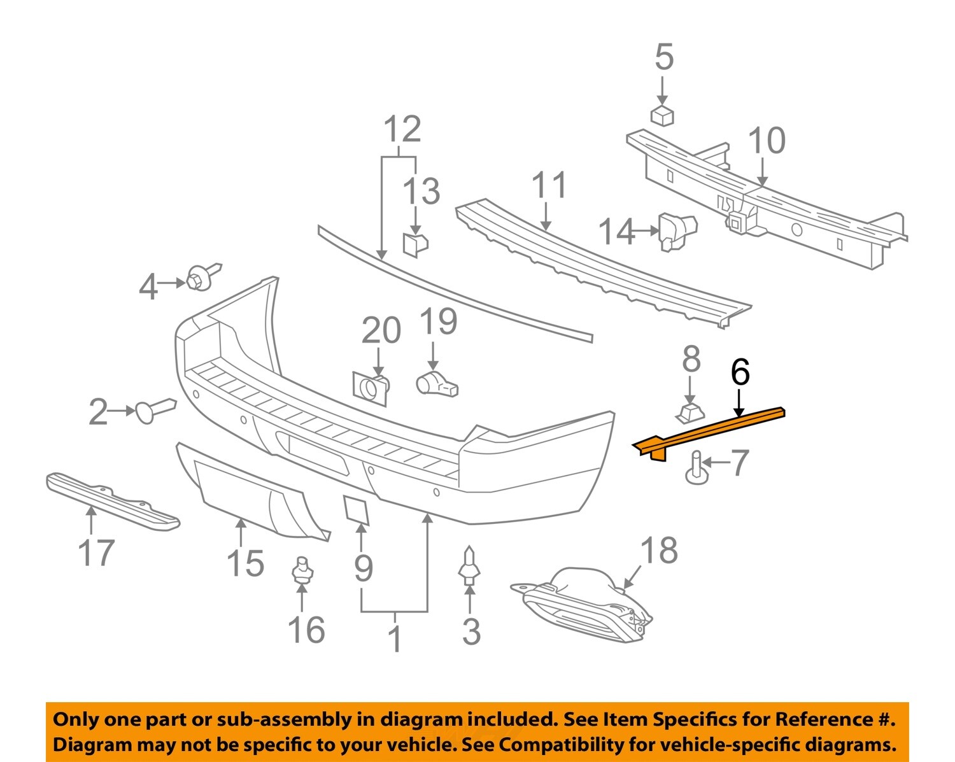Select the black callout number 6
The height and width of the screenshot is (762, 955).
(x=740, y=372)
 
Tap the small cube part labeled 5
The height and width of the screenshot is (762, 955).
(x=663, y=115)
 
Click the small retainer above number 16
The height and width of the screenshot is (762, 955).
(x=302, y=569)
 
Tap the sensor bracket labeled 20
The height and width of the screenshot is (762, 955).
(x=370, y=388)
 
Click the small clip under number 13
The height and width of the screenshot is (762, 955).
(x=414, y=244)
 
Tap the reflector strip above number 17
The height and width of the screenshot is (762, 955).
(x=111, y=501)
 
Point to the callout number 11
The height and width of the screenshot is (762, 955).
(x=549, y=185)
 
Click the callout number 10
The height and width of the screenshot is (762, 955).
(x=766, y=141)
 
